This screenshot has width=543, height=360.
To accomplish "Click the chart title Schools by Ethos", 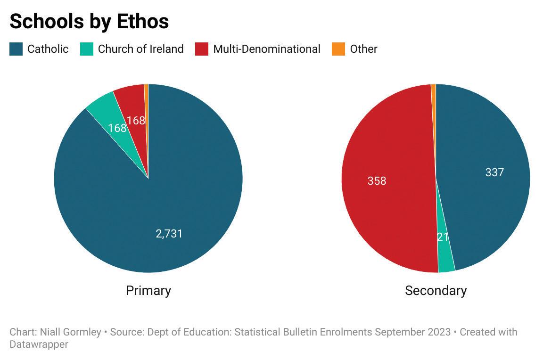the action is tap(90, 21).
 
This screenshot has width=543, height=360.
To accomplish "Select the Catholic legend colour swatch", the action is tap(16, 49).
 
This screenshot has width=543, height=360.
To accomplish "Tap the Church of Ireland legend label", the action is tap(140, 49).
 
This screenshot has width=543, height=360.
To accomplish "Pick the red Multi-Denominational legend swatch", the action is tap(202, 49).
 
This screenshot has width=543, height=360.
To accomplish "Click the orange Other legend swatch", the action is tap(338, 49).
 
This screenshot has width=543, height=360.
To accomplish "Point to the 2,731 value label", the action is tap(169, 234).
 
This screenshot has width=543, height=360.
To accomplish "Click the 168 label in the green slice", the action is tap(117, 128).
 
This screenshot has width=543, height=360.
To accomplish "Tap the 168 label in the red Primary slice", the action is tap(136, 121).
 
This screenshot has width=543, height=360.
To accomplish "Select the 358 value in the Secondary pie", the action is tap(377, 180).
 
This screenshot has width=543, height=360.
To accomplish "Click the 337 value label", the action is tap(494, 172).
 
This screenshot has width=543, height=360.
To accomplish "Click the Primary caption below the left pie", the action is tap(148, 290).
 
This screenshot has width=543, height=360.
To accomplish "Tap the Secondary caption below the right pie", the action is tap(436, 290).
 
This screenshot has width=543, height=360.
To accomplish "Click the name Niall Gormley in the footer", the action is tap(71, 332).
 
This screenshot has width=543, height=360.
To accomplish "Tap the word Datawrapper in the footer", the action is tap(39, 344).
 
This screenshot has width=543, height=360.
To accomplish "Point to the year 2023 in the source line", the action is tap(439, 332).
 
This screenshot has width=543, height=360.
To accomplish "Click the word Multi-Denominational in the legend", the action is tap(267, 49).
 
